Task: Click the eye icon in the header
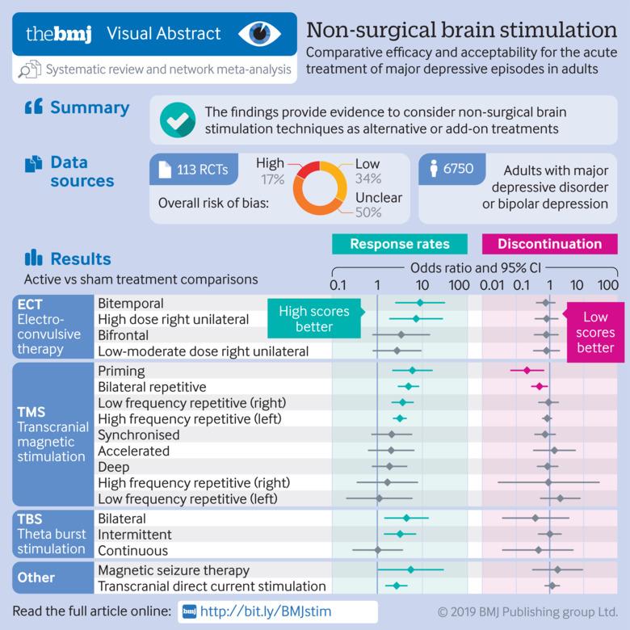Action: point(259,34)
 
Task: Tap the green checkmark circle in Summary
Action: point(178,120)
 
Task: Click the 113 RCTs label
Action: point(203,170)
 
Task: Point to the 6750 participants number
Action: point(459,168)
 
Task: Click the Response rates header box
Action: point(399,244)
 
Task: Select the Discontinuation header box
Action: point(550,244)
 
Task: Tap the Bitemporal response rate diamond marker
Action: point(420,303)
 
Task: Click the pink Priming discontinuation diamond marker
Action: point(527,370)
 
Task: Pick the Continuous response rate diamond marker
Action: point(378,550)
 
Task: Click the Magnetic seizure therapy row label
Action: point(174,570)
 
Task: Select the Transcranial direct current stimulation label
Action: point(212,586)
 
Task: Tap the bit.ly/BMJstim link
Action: point(266,611)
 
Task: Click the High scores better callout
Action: point(314,318)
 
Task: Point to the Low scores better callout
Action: point(595,332)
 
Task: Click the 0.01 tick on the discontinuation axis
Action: point(492,285)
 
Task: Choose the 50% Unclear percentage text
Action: point(368,212)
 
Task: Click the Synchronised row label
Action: point(139,435)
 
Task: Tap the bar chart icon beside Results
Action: point(33,258)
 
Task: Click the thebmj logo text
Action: point(59,34)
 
